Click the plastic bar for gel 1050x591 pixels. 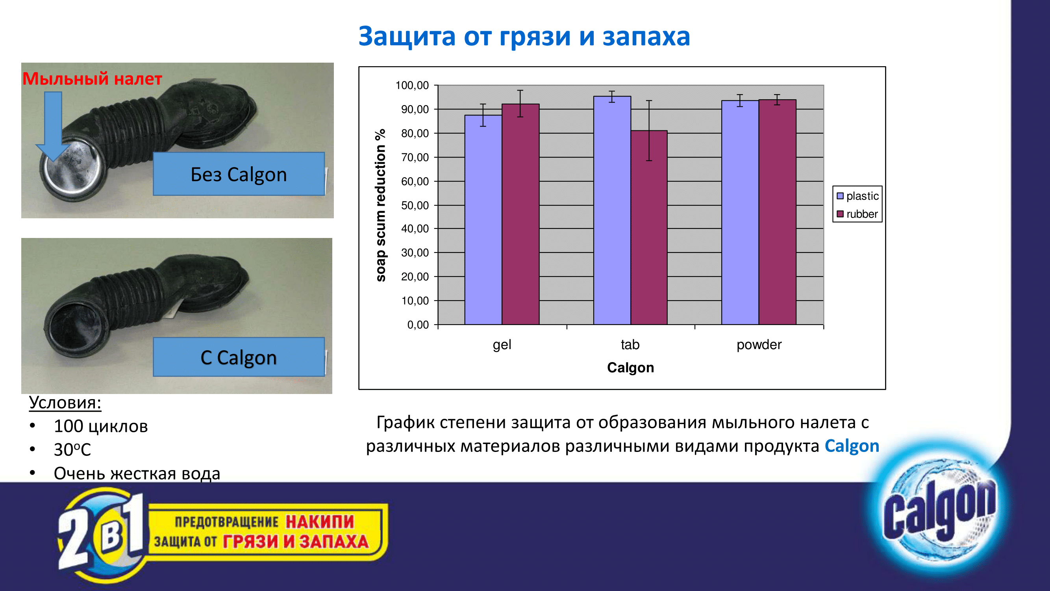483,220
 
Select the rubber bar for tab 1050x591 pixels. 649,228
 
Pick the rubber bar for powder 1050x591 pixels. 777,212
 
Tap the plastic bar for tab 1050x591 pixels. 612,210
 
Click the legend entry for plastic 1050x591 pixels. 857,196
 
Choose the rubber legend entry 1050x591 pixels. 857,214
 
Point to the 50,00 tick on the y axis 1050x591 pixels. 415,205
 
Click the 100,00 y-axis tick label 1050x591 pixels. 412,85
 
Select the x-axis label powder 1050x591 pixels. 759,345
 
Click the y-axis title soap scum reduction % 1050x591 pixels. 380,205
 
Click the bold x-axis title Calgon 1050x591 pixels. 631,368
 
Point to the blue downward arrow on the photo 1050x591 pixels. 53,126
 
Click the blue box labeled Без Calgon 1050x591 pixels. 239,174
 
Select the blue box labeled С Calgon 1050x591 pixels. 239,357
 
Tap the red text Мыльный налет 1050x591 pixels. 92,79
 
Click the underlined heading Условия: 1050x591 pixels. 65,403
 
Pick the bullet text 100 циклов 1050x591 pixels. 101,426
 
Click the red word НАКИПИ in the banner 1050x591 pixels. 320,522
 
